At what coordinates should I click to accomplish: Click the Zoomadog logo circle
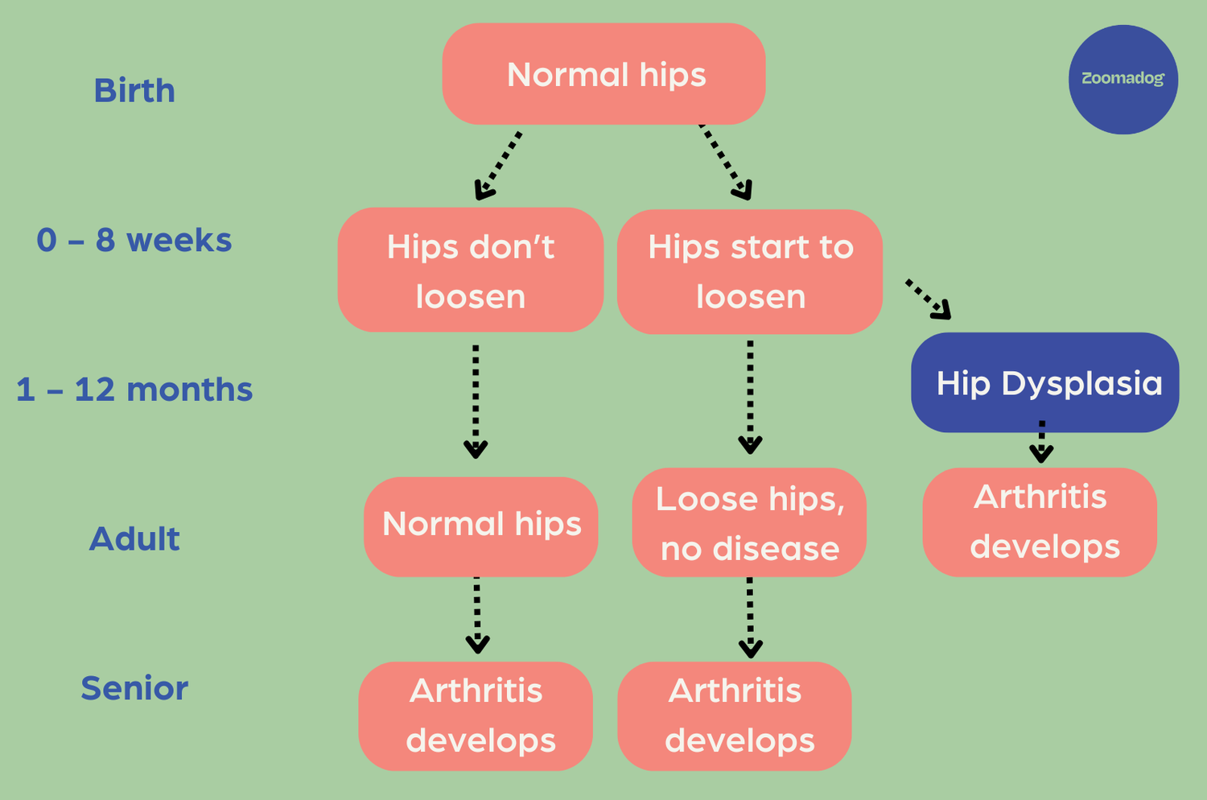1123,79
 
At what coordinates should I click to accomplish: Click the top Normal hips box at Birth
603,74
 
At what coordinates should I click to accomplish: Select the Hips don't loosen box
471,270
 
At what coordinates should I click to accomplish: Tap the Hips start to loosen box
750,271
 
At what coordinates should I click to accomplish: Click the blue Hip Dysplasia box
1044,382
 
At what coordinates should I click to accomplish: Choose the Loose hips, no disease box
749,523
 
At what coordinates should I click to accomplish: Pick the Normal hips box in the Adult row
480,526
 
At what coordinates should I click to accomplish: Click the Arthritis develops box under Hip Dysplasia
1040,522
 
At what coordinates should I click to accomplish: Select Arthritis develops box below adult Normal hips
476,715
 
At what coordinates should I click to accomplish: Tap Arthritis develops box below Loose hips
734,715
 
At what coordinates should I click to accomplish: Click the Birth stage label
134,90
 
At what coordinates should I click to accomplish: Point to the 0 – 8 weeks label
134,240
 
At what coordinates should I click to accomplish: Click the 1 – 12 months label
134,390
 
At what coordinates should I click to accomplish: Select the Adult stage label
134,538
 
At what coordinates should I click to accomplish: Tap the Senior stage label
134,688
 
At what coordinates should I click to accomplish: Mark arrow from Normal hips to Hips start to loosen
727,162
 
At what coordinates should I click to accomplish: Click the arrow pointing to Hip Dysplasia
929,299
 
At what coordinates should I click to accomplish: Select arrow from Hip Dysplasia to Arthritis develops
1041,442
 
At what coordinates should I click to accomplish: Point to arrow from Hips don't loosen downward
476,401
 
